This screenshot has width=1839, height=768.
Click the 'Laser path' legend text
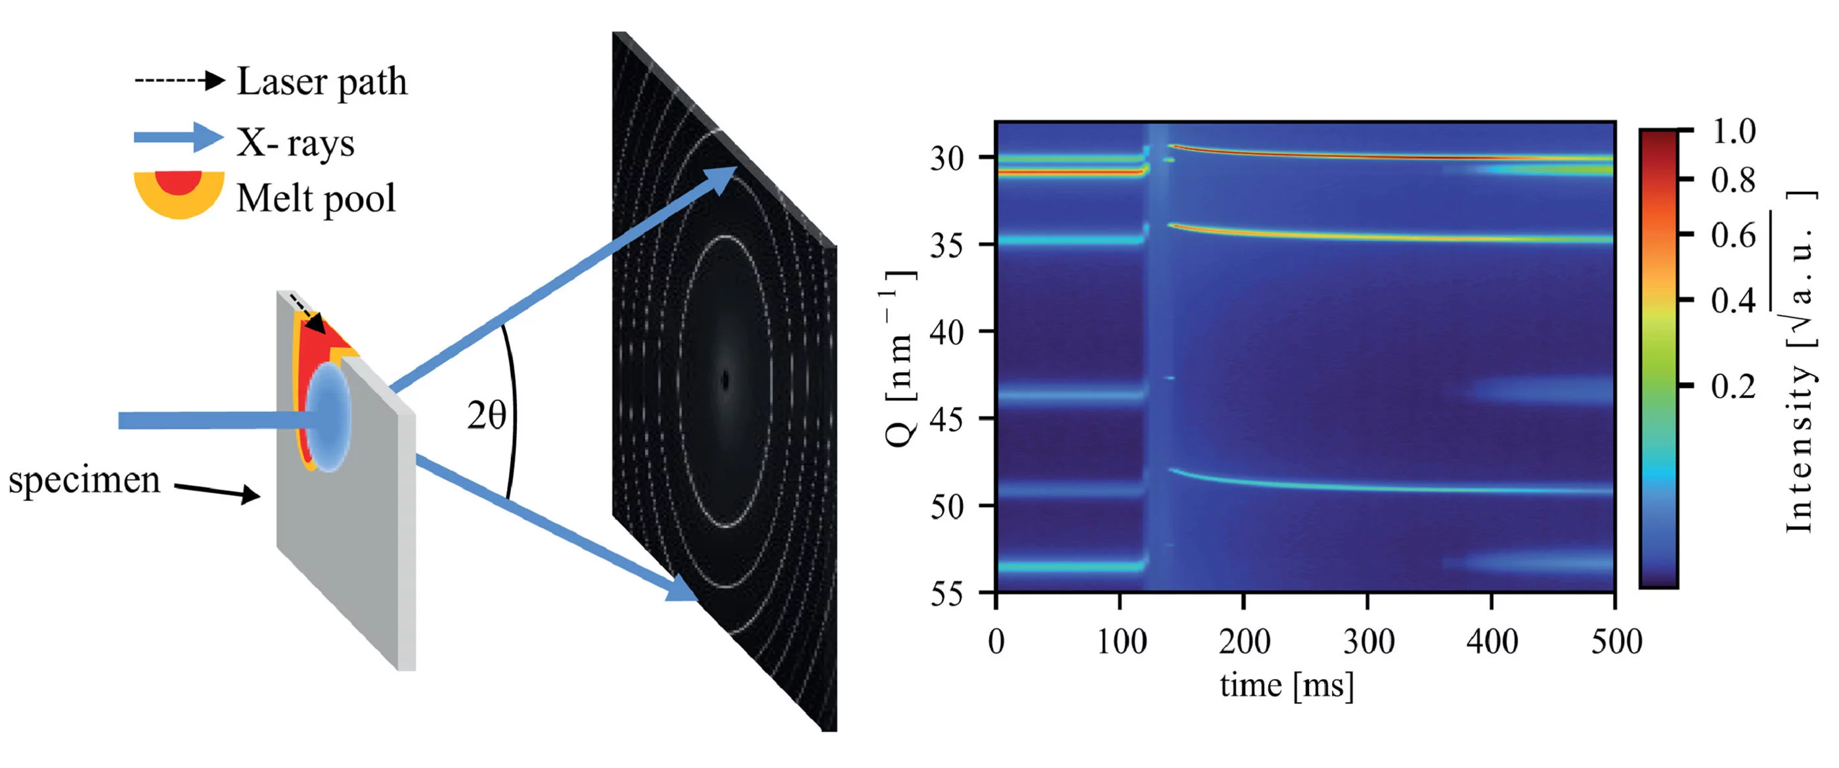pos(321,82)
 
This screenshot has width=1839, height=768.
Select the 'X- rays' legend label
pos(296,142)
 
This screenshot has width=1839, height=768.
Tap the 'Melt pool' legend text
pos(315,198)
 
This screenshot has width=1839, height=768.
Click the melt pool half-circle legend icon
pos(179,191)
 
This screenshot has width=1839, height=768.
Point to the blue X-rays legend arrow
pos(179,137)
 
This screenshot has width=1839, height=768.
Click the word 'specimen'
pos(84,479)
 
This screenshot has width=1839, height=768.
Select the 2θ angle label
pos(486,415)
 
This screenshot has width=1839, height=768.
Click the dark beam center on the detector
pos(725,380)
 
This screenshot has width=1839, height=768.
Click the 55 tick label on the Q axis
pos(946,594)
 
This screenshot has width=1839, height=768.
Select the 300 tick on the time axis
pos(1368,641)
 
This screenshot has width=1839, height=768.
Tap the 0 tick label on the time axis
pos(996,641)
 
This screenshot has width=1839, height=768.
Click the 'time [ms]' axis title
pos(1287,685)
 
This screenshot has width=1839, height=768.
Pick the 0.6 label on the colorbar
pos(1733,235)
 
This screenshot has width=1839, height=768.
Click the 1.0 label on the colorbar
pos(1733,131)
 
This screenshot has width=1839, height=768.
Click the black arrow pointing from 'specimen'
pos(218,491)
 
